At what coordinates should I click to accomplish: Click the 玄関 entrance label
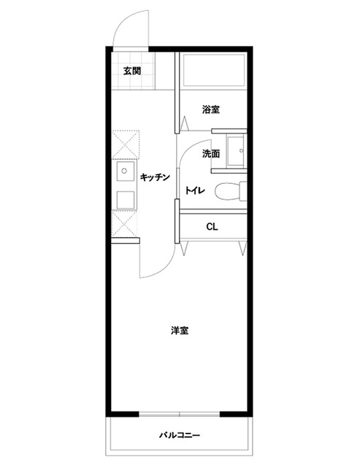[132, 72]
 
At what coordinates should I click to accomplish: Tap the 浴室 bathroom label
[211, 109]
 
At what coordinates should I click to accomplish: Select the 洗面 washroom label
[211, 154]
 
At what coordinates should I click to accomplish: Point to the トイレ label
[195, 190]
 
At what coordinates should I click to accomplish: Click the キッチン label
[155, 177]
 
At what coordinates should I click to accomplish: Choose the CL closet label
[212, 227]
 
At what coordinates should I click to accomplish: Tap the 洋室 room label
[180, 331]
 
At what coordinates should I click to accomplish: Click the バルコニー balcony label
[180, 436]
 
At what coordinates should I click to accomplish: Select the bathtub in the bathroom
[214, 70]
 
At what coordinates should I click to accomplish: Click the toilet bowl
[230, 191]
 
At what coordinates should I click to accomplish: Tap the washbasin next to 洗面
[236, 151]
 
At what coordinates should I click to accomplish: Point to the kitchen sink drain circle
[125, 171]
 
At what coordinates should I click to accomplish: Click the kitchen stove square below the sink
[125, 200]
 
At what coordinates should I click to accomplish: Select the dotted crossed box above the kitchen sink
[126, 144]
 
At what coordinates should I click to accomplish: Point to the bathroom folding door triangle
[185, 123]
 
